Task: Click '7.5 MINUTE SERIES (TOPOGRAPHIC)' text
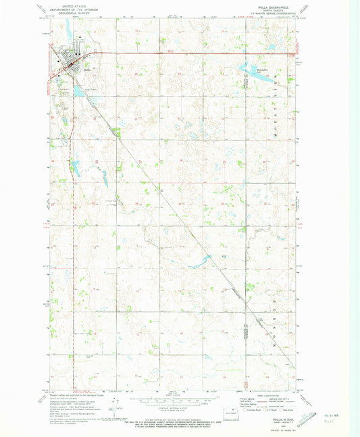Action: (x=274, y=14)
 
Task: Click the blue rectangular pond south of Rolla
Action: (x=79, y=88)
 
